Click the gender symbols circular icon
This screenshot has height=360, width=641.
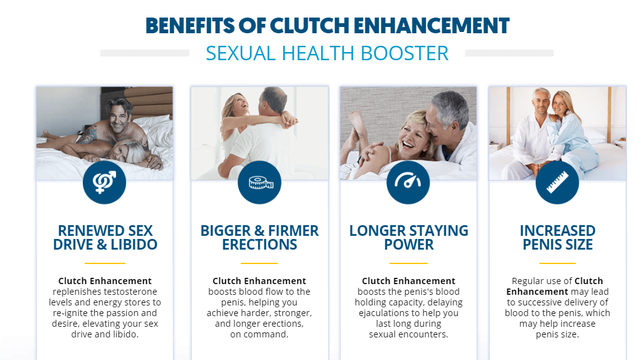[x=104, y=183]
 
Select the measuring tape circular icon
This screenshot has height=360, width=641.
[x=259, y=183]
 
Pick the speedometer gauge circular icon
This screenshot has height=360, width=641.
[x=408, y=183]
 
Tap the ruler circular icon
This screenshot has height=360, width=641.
[x=557, y=183]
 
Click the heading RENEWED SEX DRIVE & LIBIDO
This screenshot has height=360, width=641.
[x=105, y=238]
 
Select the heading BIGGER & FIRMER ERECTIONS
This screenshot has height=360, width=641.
[x=259, y=238]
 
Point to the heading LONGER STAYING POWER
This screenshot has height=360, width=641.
[x=408, y=238]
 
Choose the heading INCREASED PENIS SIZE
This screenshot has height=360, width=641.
[x=557, y=238]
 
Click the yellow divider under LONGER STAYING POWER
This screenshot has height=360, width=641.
[x=408, y=263]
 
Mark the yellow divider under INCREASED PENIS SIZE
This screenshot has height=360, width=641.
[x=557, y=263]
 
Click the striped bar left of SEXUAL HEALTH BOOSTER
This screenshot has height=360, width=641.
[x=145, y=53]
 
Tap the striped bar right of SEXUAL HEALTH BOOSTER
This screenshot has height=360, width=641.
[x=509, y=53]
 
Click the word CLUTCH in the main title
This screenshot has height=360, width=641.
[x=309, y=26]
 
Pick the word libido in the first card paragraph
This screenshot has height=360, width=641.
[x=125, y=334]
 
